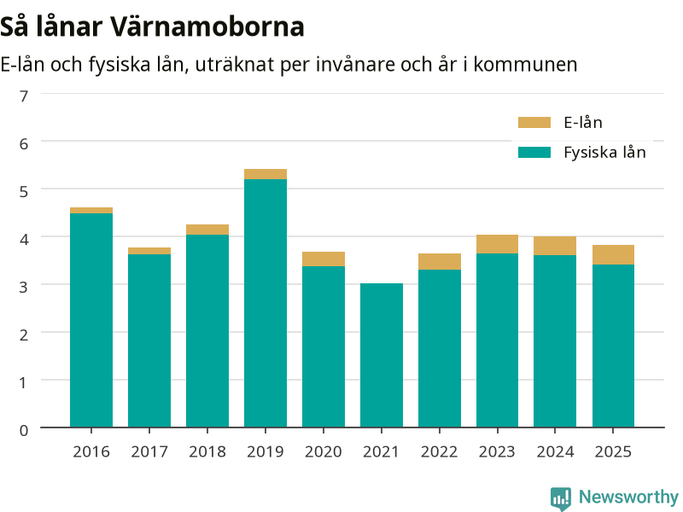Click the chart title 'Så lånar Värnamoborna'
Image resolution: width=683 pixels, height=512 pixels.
[x=152, y=27]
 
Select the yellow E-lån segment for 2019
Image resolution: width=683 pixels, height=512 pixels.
[x=266, y=174]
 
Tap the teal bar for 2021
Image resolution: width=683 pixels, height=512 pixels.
[x=382, y=355]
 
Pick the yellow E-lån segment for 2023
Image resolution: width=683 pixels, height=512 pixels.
[x=497, y=244]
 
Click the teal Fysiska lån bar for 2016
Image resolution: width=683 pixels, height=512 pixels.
[x=91, y=320]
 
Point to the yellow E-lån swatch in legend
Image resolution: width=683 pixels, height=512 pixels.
[x=534, y=123]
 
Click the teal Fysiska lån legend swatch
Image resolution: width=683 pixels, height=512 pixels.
[x=534, y=153]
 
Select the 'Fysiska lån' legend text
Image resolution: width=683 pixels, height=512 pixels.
[x=604, y=153]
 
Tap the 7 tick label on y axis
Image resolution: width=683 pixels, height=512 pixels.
[x=24, y=96]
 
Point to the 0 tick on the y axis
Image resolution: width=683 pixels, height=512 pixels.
[x=24, y=431]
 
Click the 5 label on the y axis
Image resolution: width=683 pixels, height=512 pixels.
[x=24, y=191]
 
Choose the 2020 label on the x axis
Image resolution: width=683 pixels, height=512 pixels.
[x=324, y=452]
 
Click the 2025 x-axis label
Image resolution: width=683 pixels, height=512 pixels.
[x=613, y=452]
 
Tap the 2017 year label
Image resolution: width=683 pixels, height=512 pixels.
[x=149, y=452]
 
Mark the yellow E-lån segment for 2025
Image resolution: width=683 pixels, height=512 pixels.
[x=613, y=254]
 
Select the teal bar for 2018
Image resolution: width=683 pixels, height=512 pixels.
[x=207, y=331]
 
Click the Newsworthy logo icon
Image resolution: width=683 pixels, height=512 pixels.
[x=561, y=498]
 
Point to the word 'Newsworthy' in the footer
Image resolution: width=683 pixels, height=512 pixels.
[x=628, y=497]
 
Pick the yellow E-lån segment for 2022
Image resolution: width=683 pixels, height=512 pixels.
[x=440, y=262]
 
